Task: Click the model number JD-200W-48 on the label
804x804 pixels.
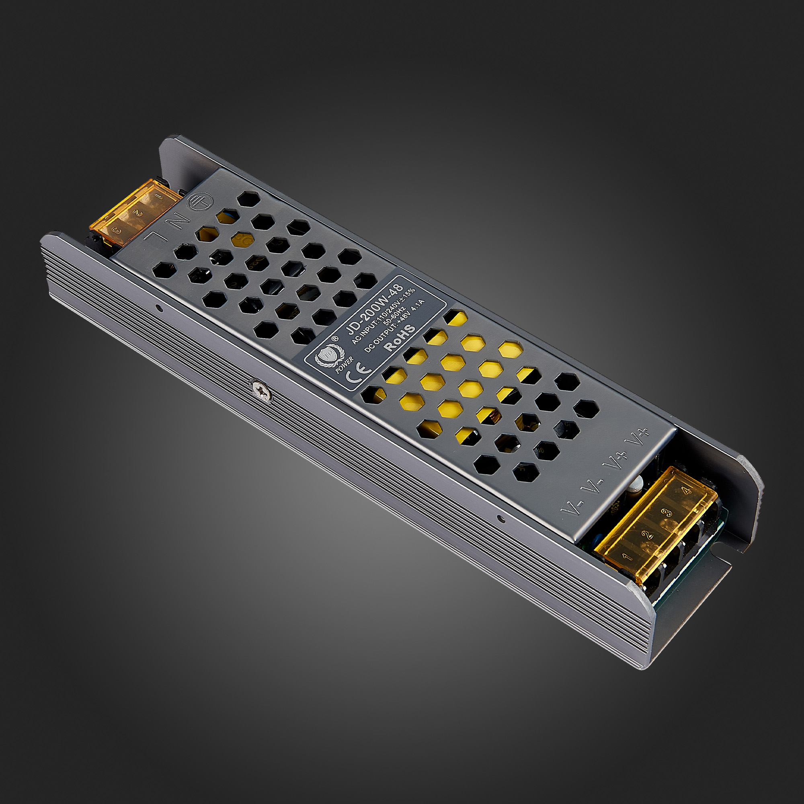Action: point(375,308)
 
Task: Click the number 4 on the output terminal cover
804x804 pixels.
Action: point(686,491)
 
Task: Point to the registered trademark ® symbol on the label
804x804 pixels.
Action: point(334,338)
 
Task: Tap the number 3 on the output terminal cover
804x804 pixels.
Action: point(667,512)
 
